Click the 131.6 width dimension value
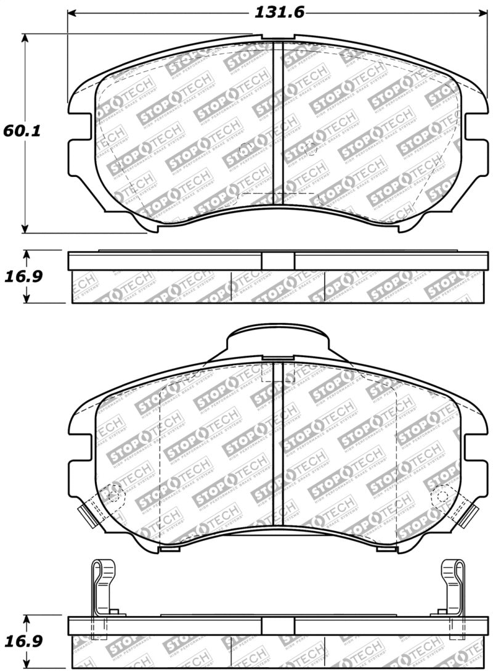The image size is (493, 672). coord(279,12)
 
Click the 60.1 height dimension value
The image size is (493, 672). coord(21,131)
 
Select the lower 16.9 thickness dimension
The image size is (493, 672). coord(23,642)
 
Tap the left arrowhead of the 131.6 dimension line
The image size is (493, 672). coord(71,12)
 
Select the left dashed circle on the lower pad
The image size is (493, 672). coord(115,494)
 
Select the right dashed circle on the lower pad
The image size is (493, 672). coord(441,494)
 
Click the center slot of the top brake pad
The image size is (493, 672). coord(277,123)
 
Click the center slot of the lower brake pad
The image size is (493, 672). coord(277,444)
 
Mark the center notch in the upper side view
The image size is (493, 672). coord(277,260)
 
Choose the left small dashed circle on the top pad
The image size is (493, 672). coord(245,149)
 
